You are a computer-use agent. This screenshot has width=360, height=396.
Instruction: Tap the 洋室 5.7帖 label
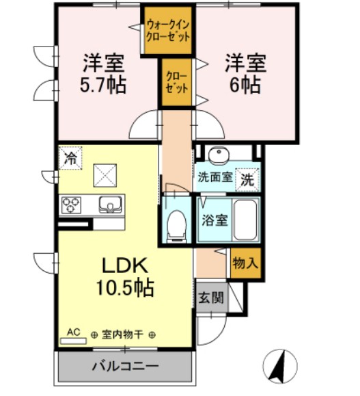[x=104, y=75]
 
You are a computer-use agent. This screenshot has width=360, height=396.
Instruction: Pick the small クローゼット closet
[x=175, y=83]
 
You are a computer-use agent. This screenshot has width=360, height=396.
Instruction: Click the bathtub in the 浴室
[x=244, y=220]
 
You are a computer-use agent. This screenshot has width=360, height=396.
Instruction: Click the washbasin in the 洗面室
[x=220, y=155]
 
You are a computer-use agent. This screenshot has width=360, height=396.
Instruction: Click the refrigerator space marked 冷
[x=70, y=158]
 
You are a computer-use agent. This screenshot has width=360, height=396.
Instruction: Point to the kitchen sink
[x=111, y=203]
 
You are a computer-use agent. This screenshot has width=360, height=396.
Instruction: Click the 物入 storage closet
[x=245, y=262]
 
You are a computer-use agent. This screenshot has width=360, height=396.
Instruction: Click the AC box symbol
[x=73, y=333]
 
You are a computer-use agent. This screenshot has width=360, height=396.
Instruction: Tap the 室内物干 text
[x=124, y=334]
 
